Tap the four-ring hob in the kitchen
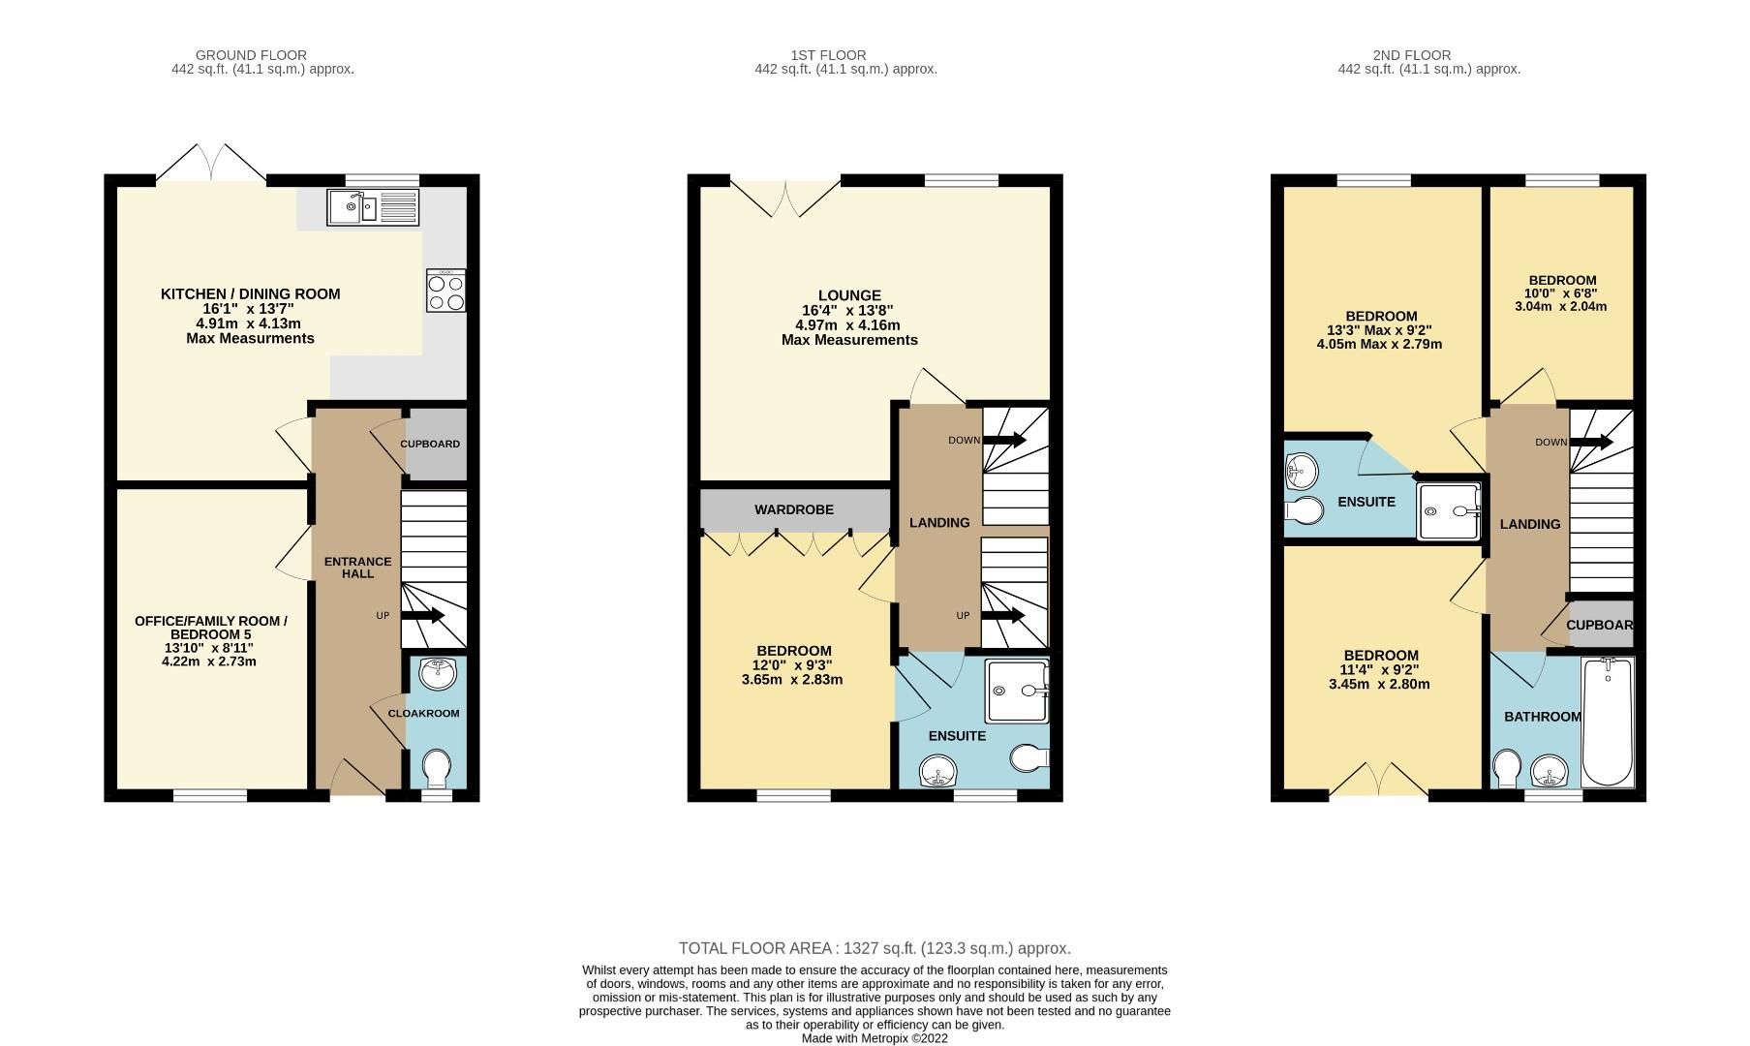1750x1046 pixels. coord(445,291)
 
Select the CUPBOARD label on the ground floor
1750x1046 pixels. coord(430,444)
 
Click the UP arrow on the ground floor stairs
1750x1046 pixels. coord(423,616)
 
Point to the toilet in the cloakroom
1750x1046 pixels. coord(436,769)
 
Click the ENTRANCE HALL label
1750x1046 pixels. coord(357,568)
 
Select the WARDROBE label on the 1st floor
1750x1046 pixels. coord(793,509)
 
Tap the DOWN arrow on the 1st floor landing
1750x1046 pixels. coord(1004,441)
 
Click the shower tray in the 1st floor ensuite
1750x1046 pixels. coord(1017,692)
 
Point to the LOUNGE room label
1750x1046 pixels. coord(849,295)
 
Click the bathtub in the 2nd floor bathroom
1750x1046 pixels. coord(1606,721)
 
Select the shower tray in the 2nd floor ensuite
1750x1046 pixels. coord(1449,510)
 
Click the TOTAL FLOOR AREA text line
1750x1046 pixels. coord(874,948)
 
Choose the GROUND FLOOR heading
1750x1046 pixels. coord(251,55)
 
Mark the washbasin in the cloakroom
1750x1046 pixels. coord(438,673)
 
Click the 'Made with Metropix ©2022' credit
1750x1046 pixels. coord(875,1038)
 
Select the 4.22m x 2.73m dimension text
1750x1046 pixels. coord(209,661)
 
